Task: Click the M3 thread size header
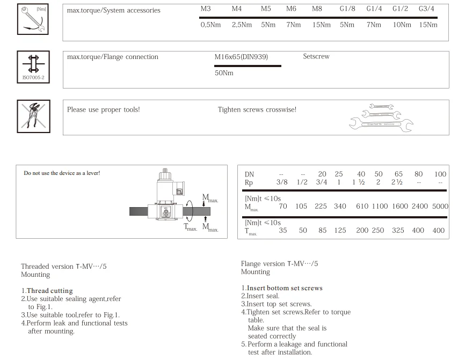(x=206, y=9)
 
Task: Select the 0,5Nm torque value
(x=210, y=25)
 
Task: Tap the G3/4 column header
(x=426, y=9)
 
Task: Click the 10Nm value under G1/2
(x=402, y=25)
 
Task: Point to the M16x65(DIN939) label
(x=241, y=57)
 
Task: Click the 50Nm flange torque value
(x=224, y=73)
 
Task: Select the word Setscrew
(x=316, y=56)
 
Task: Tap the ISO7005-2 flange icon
(x=33, y=67)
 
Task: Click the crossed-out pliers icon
(x=34, y=116)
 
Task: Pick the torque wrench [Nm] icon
(x=33, y=19)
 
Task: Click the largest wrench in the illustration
(x=381, y=124)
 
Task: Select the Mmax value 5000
(x=440, y=206)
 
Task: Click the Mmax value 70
(x=283, y=206)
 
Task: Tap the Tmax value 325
(x=398, y=230)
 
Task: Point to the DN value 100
(x=440, y=174)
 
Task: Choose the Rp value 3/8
(x=282, y=182)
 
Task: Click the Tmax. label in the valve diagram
(x=191, y=227)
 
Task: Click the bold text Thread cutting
(x=49, y=291)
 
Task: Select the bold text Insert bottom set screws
(x=285, y=288)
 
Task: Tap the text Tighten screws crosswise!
(x=257, y=109)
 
